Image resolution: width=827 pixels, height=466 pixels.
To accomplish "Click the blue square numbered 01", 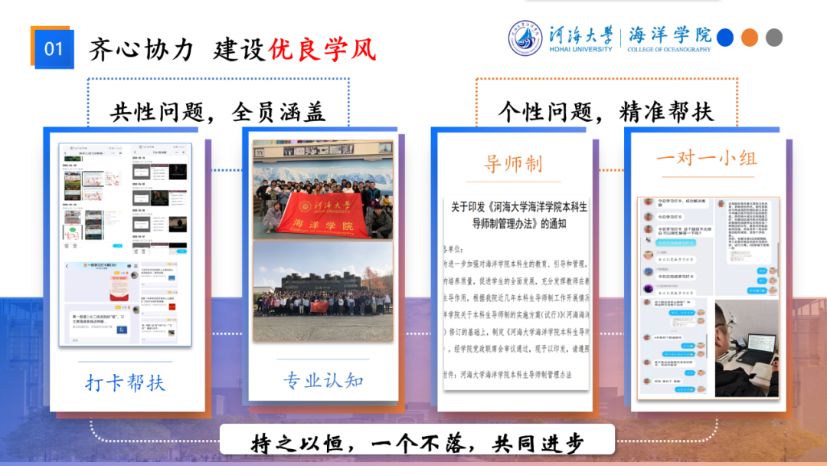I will pos(53,48).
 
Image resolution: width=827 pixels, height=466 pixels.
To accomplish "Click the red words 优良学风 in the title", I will pos(322,49).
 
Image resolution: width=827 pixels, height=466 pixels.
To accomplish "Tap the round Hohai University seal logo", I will pos(527,38).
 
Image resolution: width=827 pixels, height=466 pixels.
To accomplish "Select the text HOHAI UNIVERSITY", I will pos(580,49).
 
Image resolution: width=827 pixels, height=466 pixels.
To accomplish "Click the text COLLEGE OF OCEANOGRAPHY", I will pos(669,50).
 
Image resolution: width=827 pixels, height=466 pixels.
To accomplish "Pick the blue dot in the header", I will pos(724,37).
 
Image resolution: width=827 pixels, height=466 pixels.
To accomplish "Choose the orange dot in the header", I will pos(750,37).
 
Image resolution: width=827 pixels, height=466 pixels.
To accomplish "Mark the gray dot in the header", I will pos(774,37).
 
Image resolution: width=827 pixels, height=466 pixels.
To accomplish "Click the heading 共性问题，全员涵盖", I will pos(218,112).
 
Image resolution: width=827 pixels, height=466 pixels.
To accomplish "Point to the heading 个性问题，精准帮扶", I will pos(606,112).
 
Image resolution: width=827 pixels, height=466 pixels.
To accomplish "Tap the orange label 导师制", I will pos(513,163).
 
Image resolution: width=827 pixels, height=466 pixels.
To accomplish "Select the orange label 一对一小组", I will pos(706,159).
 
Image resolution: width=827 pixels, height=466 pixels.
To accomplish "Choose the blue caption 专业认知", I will pos(323,379).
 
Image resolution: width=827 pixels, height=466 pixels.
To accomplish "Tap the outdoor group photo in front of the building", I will pos(323,292).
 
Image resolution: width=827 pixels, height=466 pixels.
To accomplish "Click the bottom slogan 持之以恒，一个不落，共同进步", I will pos(417,443).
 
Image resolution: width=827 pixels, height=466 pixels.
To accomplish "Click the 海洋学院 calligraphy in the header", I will pos(669,34).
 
